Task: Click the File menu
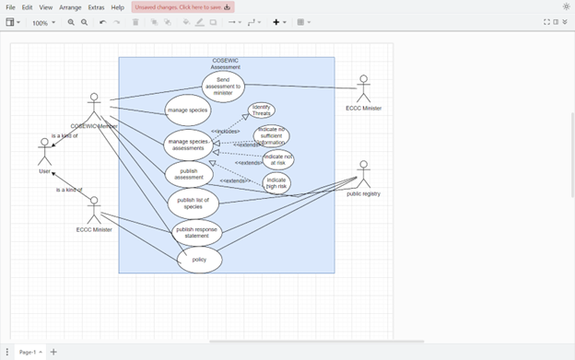click(10, 7)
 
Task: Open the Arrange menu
click(70, 7)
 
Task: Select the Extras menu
click(96, 7)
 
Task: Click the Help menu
click(118, 7)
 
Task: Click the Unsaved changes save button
click(182, 7)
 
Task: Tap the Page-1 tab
click(28, 352)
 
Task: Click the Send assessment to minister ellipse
click(223, 87)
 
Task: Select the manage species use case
click(187, 110)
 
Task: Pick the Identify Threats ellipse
click(261, 110)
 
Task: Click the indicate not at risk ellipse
click(276, 159)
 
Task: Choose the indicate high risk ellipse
click(276, 182)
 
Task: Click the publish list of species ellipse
click(193, 203)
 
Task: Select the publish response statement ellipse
click(197, 232)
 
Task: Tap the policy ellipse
click(199, 260)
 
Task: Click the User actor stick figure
click(44, 152)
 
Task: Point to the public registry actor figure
click(363, 174)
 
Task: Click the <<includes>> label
click(225, 132)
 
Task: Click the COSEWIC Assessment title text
click(226, 64)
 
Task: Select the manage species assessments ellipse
click(188, 145)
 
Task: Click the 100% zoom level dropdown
click(43, 22)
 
